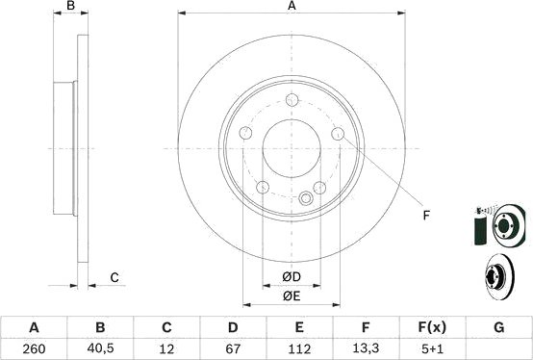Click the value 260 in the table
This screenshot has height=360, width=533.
click(35, 347)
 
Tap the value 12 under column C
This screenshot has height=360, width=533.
click(166, 347)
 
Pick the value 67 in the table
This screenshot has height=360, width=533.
click(233, 347)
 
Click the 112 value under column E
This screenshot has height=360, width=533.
click(299, 347)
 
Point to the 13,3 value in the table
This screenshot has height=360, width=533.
click(366, 347)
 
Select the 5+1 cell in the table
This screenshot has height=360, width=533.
click(432, 347)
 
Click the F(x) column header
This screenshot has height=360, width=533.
click(432, 327)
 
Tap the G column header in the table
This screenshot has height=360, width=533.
click(498, 327)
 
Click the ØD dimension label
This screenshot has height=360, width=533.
click(292, 278)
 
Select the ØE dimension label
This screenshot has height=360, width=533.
click(292, 297)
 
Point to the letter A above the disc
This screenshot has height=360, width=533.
click(292, 7)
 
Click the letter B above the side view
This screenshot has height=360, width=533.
click(70, 7)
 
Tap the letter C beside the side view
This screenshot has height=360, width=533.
click(114, 278)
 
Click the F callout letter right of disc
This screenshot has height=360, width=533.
click(424, 215)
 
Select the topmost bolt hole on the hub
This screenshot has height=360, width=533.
click(292, 97)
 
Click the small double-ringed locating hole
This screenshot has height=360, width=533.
click(306, 199)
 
